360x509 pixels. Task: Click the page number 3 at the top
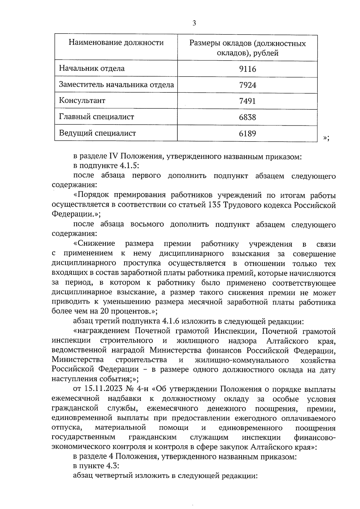point(194,23)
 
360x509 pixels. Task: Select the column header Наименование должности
point(116,43)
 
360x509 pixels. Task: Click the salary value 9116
point(247,69)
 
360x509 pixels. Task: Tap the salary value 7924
point(247,85)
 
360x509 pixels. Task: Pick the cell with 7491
point(247,101)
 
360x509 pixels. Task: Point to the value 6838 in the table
point(247,117)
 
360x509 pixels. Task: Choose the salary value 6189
point(247,133)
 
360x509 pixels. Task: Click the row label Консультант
point(82,100)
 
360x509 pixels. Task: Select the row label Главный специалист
point(96,117)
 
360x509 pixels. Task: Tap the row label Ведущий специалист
point(97,133)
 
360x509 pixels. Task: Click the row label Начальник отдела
point(91,68)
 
